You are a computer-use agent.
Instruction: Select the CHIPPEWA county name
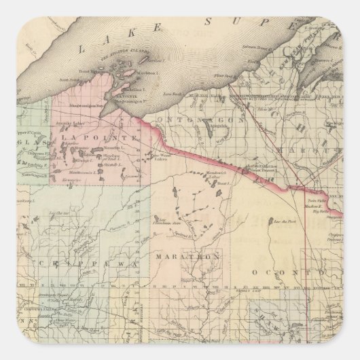[x=79, y=262]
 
